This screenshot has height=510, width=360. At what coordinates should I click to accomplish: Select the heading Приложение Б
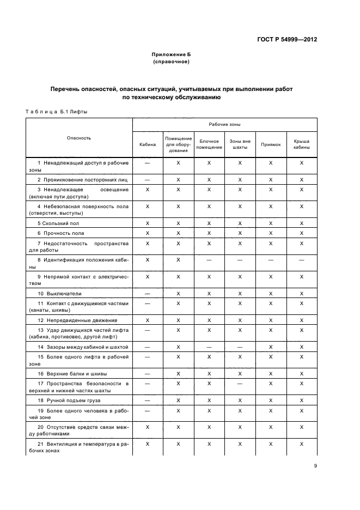(x=172, y=56)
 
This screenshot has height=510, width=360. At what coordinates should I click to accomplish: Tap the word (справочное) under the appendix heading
(x=172, y=62)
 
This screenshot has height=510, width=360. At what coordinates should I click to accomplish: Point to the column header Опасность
(x=79, y=138)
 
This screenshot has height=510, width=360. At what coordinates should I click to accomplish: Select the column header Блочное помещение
(x=209, y=144)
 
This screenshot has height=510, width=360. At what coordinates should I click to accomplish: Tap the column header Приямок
(x=271, y=144)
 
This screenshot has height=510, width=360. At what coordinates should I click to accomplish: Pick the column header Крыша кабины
(x=301, y=144)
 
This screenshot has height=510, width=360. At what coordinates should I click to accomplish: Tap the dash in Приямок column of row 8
(x=271, y=260)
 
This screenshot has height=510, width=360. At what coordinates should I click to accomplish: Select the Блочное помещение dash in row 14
(x=209, y=347)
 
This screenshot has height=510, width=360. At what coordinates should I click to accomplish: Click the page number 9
(x=315, y=465)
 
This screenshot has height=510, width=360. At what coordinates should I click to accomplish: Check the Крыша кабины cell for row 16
(x=301, y=373)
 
